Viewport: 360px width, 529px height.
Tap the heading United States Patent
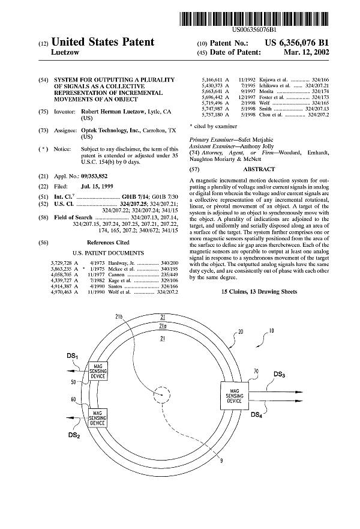pyautogui.click(x=103, y=42)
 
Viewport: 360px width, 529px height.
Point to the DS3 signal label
pyautogui.click(x=279, y=375)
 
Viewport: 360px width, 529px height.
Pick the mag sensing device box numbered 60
pyautogui.click(x=97, y=417)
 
